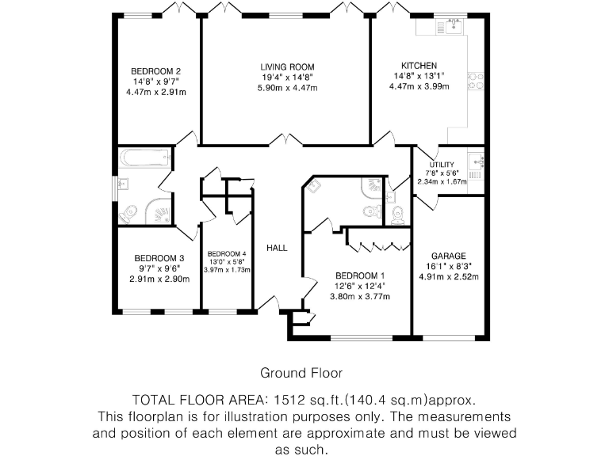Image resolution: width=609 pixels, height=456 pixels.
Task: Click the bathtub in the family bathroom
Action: coord(144,159)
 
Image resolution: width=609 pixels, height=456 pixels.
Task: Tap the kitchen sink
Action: coord(454,27)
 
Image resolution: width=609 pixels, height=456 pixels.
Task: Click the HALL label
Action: coord(277,248)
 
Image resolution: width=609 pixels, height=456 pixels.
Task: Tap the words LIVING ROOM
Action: coord(288,66)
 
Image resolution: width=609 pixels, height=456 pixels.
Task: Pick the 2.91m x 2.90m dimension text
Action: coord(159,279)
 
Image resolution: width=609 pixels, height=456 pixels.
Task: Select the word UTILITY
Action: coord(442,164)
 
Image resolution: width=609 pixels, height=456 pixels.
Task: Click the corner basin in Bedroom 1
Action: coord(315,187)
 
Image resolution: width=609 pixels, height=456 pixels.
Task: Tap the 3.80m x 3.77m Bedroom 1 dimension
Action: coord(360,297)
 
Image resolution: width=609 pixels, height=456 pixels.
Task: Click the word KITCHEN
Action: coord(419,66)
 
